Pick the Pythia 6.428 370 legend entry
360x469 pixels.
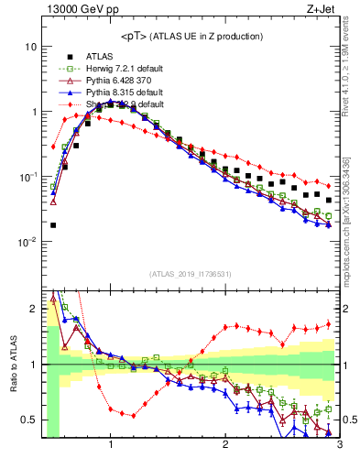click(102, 80)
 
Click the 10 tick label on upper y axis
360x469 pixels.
click(30, 46)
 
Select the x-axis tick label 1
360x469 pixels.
click(111, 445)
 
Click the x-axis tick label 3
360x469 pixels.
click(339, 445)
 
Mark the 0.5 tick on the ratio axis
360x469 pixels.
click(28, 420)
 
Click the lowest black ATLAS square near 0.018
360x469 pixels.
click(53, 224)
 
